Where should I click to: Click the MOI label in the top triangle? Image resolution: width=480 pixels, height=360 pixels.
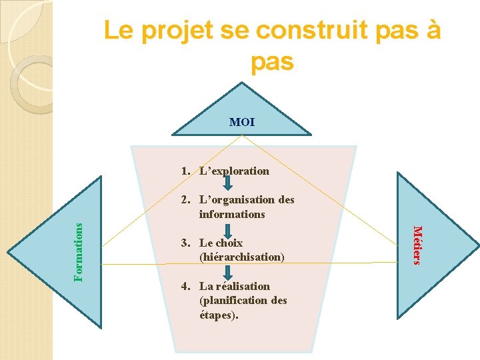pyautogui.click(x=241, y=122)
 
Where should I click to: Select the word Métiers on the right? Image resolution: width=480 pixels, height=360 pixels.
pyautogui.click(x=417, y=245)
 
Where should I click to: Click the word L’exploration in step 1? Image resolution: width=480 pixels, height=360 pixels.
pyautogui.click(x=234, y=171)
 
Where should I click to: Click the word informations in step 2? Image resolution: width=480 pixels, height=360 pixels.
pyautogui.click(x=231, y=214)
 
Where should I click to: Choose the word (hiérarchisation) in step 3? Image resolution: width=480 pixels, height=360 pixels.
pyautogui.click(x=241, y=257)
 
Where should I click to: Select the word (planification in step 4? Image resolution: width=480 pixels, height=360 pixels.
pyautogui.click(x=229, y=300)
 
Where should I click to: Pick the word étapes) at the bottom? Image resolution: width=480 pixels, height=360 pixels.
pyautogui.click(x=218, y=314)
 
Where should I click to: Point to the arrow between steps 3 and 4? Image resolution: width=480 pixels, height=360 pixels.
pyautogui.click(x=227, y=271)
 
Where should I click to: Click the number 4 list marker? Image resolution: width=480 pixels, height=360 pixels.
pyautogui.click(x=184, y=286)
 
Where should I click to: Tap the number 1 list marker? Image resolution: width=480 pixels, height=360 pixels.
pyautogui.click(x=184, y=171)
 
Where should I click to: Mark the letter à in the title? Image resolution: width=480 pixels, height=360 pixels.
pyautogui.click(x=433, y=31)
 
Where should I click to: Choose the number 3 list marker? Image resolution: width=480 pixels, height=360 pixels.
pyautogui.click(x=184, y=243)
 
